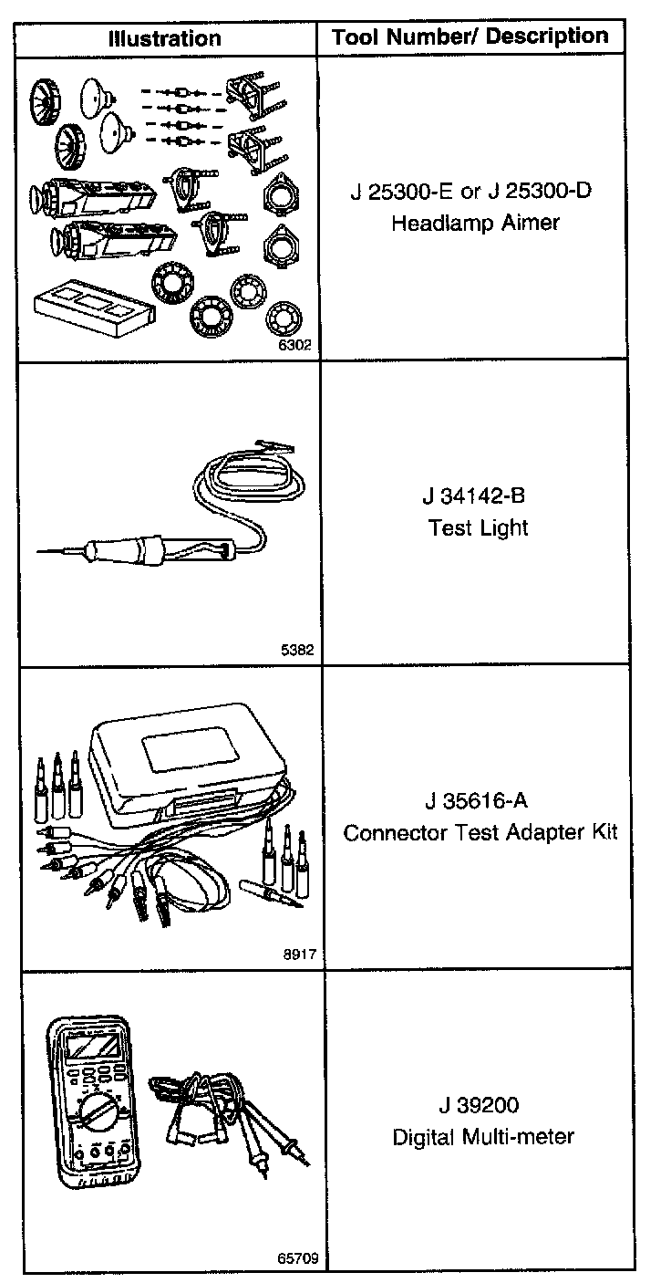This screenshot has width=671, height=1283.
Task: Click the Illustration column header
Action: click(164, 38)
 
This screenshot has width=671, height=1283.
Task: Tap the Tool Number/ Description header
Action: click(470, 37)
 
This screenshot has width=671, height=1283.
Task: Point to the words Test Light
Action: click(478, 527)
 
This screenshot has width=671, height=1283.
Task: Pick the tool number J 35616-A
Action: click(475, 801)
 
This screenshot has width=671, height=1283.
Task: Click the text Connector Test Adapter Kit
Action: click(480, 832)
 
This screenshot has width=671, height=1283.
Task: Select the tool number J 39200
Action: click(479, 1106)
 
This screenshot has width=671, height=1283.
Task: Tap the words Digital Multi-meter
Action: click(482, 1137)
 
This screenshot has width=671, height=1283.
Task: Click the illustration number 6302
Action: click(294, 346)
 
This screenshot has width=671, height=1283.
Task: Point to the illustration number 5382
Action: click(298, 651)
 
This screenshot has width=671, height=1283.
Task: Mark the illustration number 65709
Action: click(297, 1258)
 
